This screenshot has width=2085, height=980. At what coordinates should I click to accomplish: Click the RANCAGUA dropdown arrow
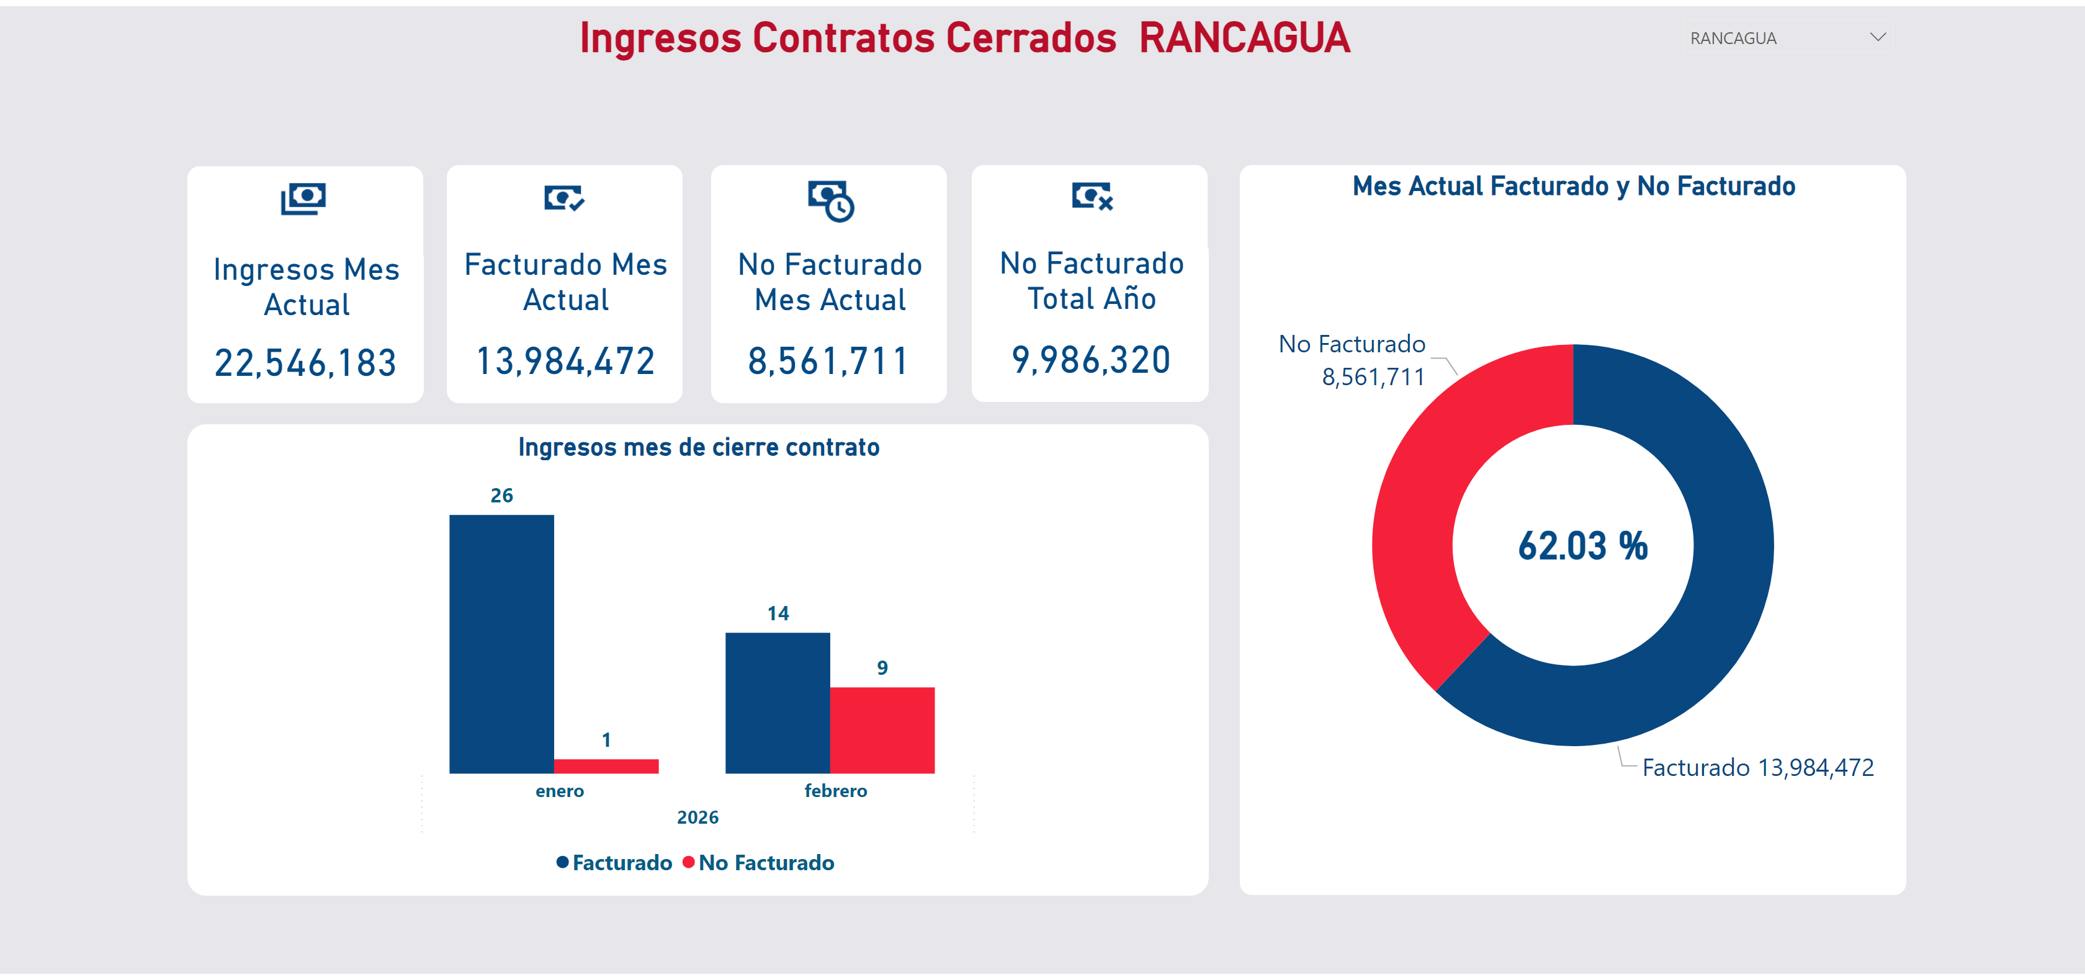tap(1878, 37)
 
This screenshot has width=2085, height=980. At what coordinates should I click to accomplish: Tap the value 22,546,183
tap(305, 363)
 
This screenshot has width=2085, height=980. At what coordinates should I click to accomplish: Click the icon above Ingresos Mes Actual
tap(303, 198)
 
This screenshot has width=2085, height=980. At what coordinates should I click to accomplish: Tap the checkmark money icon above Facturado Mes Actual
tap(564, 197)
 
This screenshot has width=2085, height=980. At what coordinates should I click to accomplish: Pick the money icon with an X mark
tap(1092, 196)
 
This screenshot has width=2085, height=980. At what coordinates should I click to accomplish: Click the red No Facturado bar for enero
tap(606, 765)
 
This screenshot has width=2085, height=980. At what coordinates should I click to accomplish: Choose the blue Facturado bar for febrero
tap(777, 702)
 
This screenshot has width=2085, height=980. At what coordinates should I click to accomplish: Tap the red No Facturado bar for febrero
tap(882, 730)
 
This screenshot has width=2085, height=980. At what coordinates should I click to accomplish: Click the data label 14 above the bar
tap(778, 613)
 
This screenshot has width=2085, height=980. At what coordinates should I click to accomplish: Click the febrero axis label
tap(835, 791)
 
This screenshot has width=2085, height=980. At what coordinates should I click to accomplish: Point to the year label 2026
tap(697, 817)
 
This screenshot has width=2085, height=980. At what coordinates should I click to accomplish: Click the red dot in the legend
tap(688, 862)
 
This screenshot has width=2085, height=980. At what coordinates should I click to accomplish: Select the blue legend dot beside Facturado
tap(563, 862)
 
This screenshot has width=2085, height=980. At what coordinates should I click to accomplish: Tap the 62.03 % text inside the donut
tap(1582, 546)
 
